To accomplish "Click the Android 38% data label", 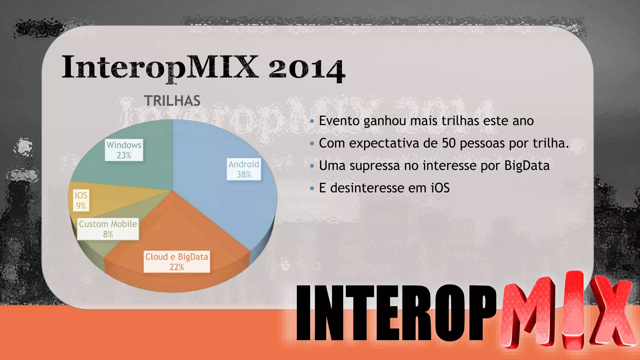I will pyautogui.click(x=244, y=169).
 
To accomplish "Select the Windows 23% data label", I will pyautogui.click(x=124, y=150).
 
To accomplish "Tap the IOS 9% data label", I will pyautogui.click(x=81, y=200).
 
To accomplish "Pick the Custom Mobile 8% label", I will pyautogui.click(x=108, y=229).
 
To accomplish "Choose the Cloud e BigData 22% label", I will pyautogui.click(x=177, y=262).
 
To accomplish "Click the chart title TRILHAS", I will pyautogui.click(x=172, y=101).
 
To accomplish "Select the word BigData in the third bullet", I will pyautogui.click(x=527, y=166).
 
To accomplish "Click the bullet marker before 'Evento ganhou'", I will pyautogui.click(x=312, y=121).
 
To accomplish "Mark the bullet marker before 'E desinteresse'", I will pyautogui.click(x=312, y=188).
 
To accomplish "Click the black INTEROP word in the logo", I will pyautogui.click(x=395, y=312).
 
